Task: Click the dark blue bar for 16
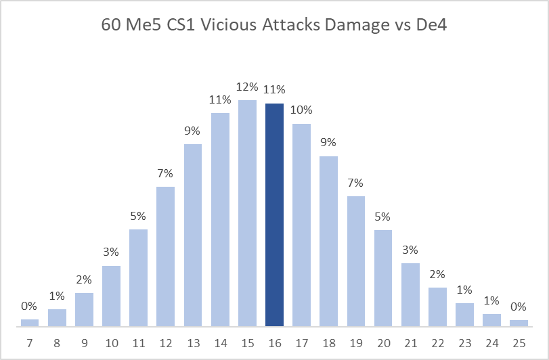click(274, 215)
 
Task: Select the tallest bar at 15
click(247, 213)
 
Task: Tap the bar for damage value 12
click(166, 256)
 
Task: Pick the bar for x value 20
click(383, 278)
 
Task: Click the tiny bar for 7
click(30, 323)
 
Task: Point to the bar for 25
click(519, 323)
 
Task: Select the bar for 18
click(328, 242)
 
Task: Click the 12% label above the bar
click(247, 87)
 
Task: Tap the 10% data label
click(301, 110)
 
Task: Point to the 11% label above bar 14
click(220, 99)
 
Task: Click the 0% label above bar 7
click(30, 306)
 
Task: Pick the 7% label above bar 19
click(355, 183)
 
